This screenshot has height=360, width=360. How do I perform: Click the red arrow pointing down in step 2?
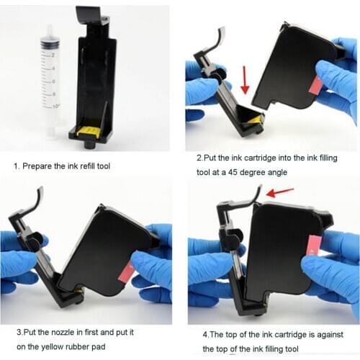[x=246, y=79]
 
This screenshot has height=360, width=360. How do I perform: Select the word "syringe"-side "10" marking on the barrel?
[x=55, y=106]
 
